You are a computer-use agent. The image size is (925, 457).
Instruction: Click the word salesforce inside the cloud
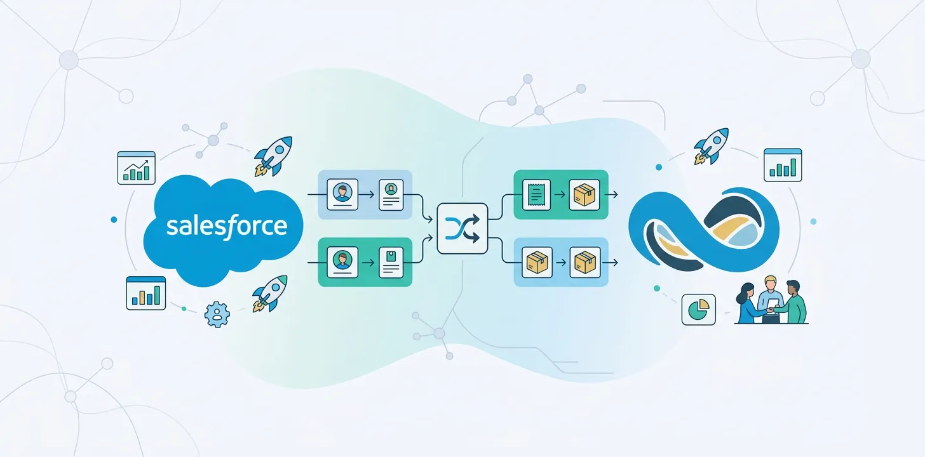point(226,226)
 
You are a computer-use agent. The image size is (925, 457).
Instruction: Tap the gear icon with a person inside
point(217,314)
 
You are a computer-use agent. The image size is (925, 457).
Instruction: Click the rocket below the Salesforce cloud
point(269,293)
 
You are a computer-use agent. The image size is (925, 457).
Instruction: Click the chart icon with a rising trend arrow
point(137,168)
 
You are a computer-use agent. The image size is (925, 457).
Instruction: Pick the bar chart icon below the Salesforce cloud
point(145,293)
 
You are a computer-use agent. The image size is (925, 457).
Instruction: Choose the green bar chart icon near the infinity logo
point(783,165)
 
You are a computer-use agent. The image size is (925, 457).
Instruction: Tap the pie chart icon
point(698,310)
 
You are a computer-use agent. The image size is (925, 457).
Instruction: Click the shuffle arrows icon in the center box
point(462,228)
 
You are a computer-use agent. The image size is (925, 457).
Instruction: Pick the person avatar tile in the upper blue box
point(342,194)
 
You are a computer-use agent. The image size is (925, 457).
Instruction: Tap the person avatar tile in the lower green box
point(342,262)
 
